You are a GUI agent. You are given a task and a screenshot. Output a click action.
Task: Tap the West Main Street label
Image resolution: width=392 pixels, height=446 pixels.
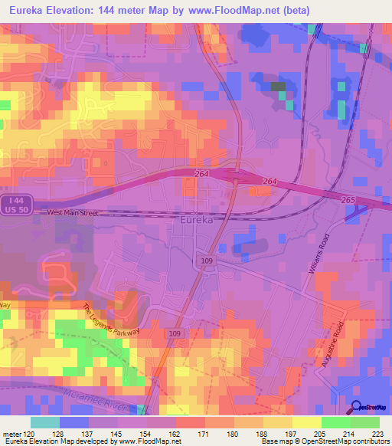(x=73, y=213)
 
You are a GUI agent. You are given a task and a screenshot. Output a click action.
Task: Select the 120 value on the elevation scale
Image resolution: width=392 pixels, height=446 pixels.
(x=30, y=435)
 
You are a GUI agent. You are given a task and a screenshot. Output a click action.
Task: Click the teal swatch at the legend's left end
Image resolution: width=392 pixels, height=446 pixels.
(x=45, y=422)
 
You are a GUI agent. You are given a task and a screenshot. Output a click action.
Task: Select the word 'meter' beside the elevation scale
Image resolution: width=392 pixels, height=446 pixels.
(x=11, y=435)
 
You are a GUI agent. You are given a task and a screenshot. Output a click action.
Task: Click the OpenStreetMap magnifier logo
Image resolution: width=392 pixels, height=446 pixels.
(x=356, y=408)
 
